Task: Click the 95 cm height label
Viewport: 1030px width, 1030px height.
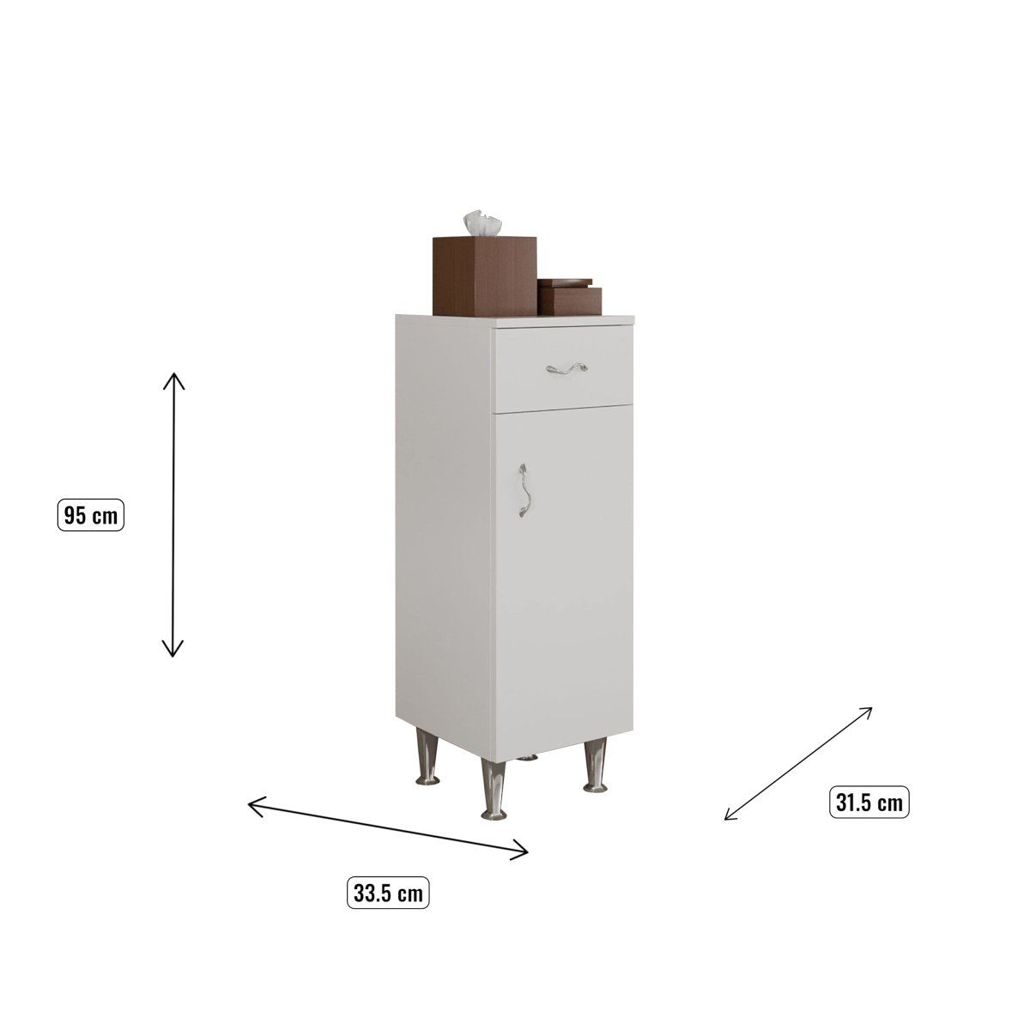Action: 91,515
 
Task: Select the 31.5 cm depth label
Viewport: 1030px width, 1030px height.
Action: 869,802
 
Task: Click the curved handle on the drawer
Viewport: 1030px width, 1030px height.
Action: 566,367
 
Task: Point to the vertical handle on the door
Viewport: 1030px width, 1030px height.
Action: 524,491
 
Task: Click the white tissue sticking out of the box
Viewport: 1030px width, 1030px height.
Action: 482,222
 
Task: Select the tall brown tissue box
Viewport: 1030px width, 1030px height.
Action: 485,276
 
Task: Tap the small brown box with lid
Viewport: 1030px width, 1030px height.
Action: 569,297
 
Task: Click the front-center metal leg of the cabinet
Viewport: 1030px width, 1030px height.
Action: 494,789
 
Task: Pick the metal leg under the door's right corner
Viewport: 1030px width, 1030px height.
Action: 595,765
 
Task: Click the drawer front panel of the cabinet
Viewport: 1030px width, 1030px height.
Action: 565,369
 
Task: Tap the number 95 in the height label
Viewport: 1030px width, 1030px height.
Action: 75,515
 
